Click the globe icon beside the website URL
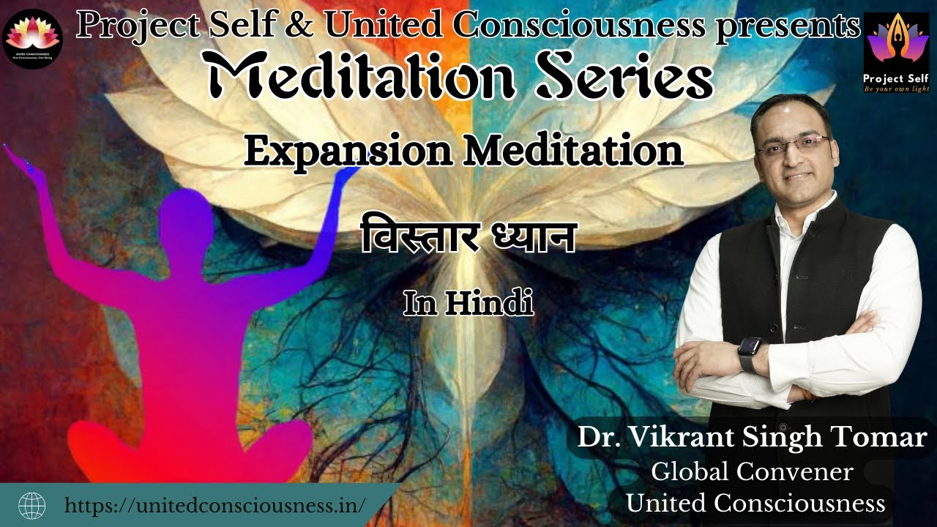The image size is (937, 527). coord(31,505)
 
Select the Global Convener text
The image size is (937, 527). coord(752,472)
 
